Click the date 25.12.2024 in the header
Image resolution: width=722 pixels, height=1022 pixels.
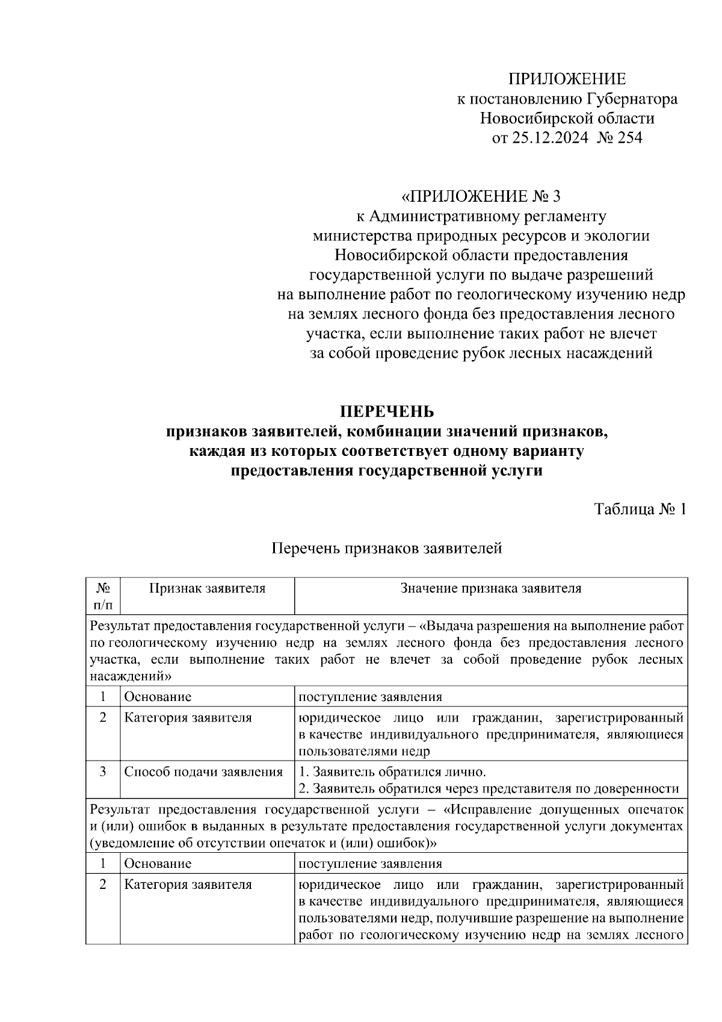549,138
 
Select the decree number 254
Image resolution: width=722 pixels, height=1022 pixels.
629,138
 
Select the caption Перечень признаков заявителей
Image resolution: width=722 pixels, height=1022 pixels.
386,548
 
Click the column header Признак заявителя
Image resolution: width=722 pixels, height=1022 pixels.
207,588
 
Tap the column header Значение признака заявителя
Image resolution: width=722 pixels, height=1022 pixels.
490,588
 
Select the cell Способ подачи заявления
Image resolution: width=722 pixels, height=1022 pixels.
203,771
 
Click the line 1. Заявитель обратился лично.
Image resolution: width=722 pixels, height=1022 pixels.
392,772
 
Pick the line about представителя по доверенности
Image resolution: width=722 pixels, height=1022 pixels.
489,788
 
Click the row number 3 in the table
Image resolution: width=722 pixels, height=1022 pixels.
103,771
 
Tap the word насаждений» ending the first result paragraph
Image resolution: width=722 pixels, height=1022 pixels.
131,676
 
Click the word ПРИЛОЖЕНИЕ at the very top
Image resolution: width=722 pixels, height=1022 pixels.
567,79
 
